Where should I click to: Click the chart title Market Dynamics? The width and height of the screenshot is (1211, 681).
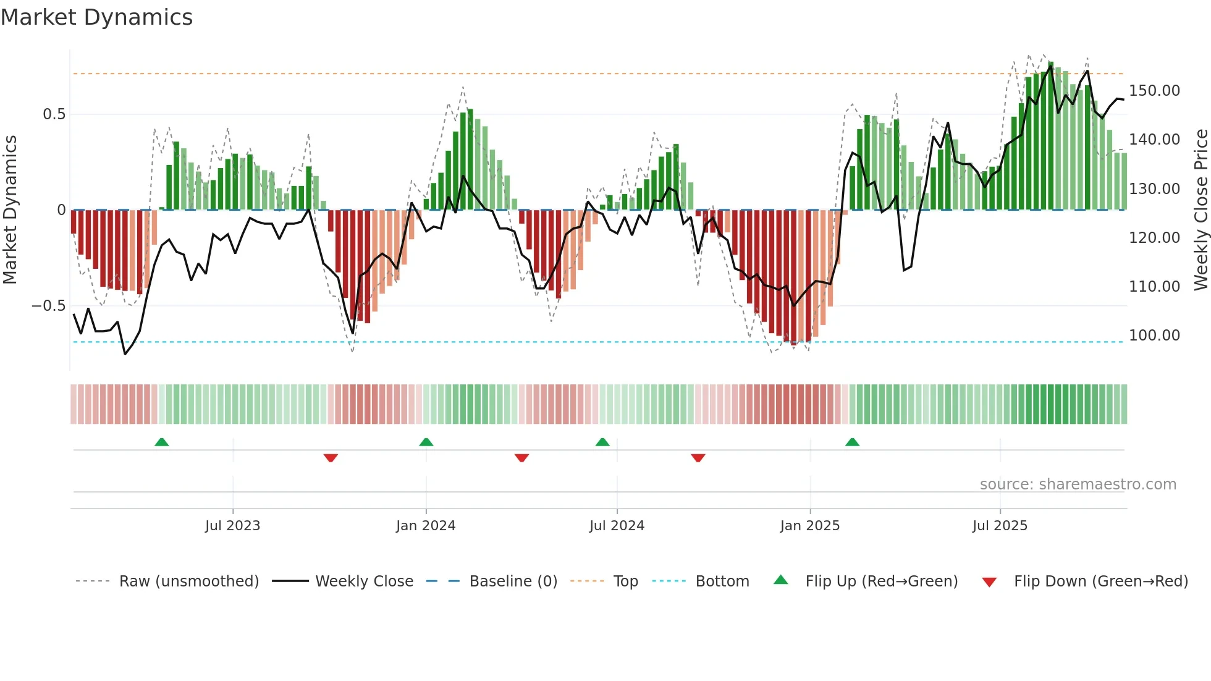point(96,17)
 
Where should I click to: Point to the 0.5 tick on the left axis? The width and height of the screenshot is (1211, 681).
point(54,114)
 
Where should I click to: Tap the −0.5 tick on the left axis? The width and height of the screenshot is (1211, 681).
point(49,306)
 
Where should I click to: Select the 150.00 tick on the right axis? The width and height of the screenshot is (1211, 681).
point(1154,91)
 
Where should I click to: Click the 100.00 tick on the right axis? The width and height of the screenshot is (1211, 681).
point(1154,336)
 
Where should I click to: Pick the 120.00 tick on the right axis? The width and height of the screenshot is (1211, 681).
point(1154,238)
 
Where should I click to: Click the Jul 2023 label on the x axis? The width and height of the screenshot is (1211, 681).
point(233,526)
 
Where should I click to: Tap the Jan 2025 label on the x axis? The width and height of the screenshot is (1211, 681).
point(810,526)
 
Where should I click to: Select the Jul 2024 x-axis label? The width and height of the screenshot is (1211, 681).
point(617,526)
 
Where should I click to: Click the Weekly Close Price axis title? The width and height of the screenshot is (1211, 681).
point(1200,210)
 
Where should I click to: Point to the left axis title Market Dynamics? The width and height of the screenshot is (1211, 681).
point(10,210)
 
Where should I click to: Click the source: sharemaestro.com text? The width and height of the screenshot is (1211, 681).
point(1078,484)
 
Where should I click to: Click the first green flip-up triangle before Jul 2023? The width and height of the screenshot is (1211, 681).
point(161,442)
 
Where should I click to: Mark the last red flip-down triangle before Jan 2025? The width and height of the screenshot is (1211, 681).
point(698,458)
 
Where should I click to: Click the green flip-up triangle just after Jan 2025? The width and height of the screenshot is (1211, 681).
point(852,442)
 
